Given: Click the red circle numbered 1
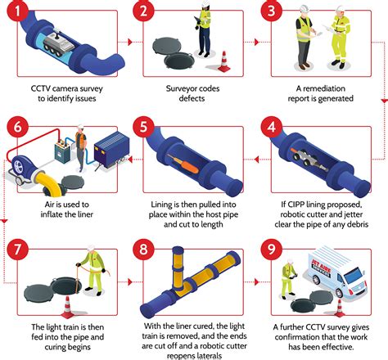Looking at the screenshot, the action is tap(18, 11).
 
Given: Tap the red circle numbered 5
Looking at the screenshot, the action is tap(143, 127).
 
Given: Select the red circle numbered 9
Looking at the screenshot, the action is tap(272, 250).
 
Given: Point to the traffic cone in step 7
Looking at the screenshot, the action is tap(67, 307).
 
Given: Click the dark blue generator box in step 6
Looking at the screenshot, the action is tap(111, 149).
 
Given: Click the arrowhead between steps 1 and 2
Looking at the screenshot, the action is tap(130, 42).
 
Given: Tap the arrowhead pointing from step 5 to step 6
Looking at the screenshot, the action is tap(130, 160).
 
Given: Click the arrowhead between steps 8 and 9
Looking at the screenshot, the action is tap(256, 282).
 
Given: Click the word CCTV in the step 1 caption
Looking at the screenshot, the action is tap(40, 88).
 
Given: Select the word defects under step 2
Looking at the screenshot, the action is tap(192, 98).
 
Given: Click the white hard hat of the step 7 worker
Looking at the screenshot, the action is tap(91, 248).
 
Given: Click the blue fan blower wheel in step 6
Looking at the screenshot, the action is tap(19, 164).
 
